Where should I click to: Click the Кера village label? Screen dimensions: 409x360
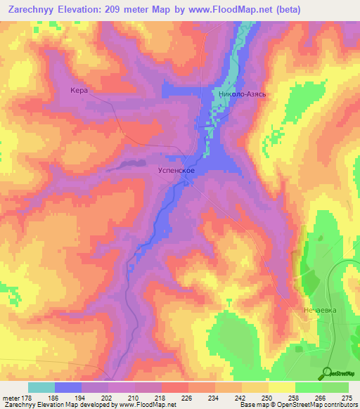tap(78, 90)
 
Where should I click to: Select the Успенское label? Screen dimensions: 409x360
tap(175, 170)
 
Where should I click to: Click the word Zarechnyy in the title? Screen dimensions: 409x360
tap(30, 10)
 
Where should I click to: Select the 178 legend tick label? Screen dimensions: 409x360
tap(27, 397)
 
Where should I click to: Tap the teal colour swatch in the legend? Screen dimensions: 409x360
tap(41, 387)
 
